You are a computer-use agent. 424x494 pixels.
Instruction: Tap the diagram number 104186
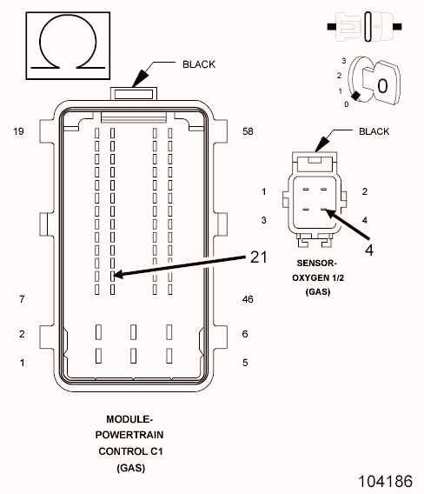point(382,479)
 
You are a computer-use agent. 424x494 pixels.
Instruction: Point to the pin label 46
point(248,299)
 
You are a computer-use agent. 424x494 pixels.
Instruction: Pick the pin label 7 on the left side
point(21,299)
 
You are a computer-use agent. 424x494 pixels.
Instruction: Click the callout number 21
point(259,257)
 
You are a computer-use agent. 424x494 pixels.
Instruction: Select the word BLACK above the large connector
point(198,64)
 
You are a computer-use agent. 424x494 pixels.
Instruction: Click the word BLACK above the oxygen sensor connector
point(375,131)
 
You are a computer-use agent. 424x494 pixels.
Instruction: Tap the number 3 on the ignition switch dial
point(344,60)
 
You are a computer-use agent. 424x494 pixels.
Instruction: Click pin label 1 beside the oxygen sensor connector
point(263,190)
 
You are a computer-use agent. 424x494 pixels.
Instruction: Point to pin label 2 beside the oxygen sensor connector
point(365,190)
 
